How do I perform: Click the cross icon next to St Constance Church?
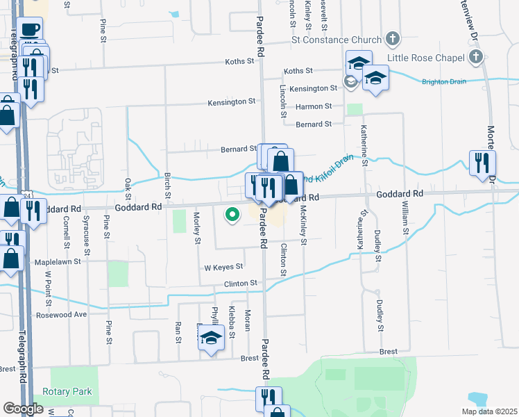[392, 38]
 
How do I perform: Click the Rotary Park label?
[67, 391]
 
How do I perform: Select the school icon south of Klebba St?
[210, 338]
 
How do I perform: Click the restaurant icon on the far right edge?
[480, 163]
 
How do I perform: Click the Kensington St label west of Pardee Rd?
[232, 102]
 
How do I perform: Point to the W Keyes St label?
[223, 267]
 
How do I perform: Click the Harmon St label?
[314, 106]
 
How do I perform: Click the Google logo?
[23, 409]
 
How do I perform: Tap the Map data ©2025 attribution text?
[488, 411]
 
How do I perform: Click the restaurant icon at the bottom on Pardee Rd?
[267, 398]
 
